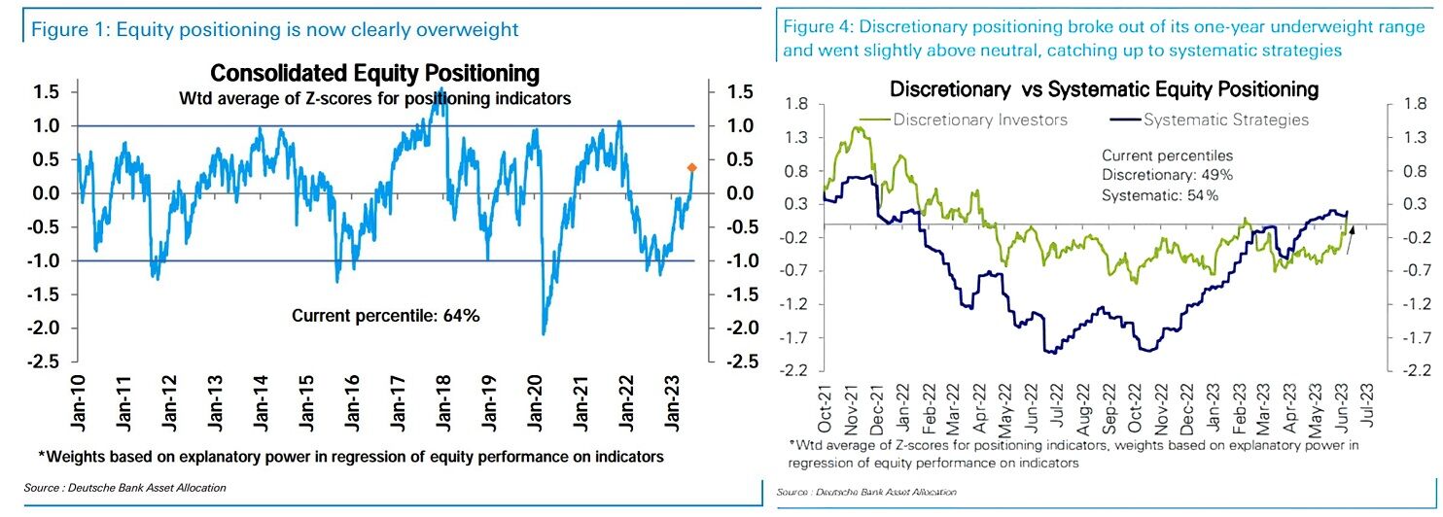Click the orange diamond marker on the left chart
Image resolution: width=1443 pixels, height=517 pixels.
coord(691,168)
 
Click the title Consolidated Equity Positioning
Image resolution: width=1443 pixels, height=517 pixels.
coord(374,74)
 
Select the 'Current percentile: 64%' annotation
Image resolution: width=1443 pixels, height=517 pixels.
coord(386,315)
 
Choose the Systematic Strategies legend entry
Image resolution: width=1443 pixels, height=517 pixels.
coord(1211,121)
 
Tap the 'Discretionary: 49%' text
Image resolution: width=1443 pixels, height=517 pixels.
coord(1167,175)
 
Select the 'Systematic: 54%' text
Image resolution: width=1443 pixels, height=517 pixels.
coord(1161,194)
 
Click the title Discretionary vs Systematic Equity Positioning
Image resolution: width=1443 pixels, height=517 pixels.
coord(1104,89)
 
